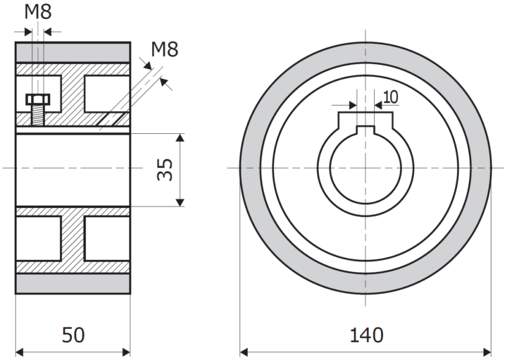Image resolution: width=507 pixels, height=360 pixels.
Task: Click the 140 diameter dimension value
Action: click(x=366, y=335)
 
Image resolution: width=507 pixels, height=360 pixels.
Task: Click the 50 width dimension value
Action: click(x=73, y=335)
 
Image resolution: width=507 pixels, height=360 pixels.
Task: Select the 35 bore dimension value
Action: click(x=165, y=170)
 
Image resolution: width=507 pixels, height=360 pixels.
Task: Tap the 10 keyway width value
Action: click(x=391, y=97)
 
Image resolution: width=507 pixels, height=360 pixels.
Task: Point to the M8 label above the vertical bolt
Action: click(x=38, y=12)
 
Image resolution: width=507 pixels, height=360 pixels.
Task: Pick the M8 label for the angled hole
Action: click(x=165, y=49)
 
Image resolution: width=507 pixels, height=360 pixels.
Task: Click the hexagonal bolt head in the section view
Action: click(x=38, y=99)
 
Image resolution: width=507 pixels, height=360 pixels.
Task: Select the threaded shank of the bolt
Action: click(x=38, y=116)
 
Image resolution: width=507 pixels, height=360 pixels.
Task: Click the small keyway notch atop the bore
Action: click(x=365, y=130)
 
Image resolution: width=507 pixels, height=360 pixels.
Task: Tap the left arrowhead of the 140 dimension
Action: click(x=244, y=352)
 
